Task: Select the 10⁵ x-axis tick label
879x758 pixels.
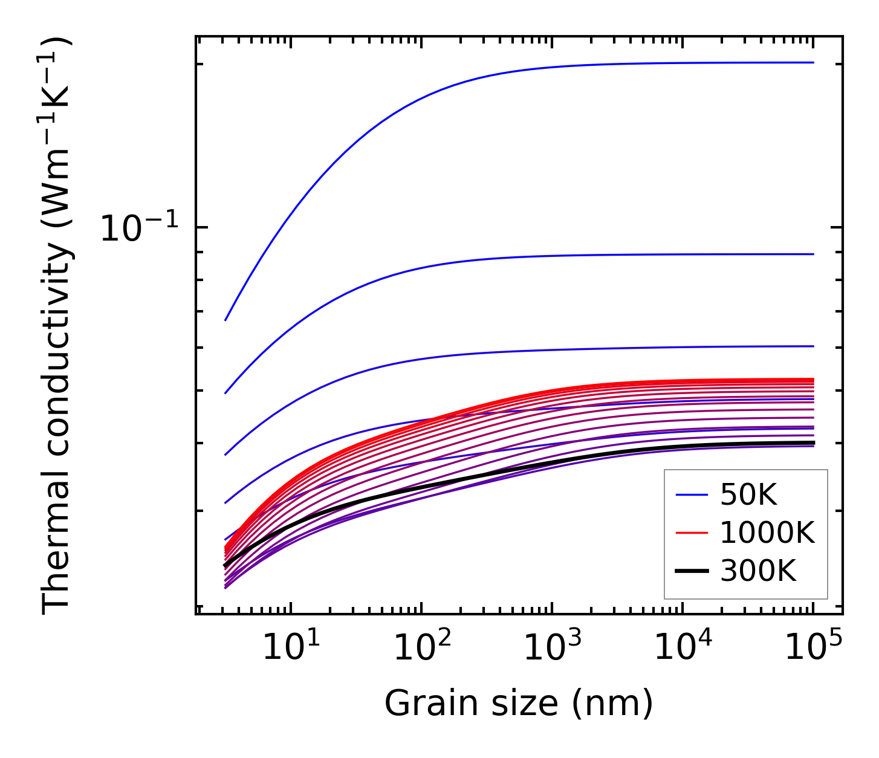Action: pyautogui.click(x=813, y=648)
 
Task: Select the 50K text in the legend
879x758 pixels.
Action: pyautogui.click(x=748, y=496)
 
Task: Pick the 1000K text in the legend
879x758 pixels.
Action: pyautogui.click(x=767, y=533)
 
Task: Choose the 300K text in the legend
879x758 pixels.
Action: pyautogui.click(x=758, y=571)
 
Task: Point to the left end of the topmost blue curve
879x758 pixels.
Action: pyautogui.click(x=225, y=320)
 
